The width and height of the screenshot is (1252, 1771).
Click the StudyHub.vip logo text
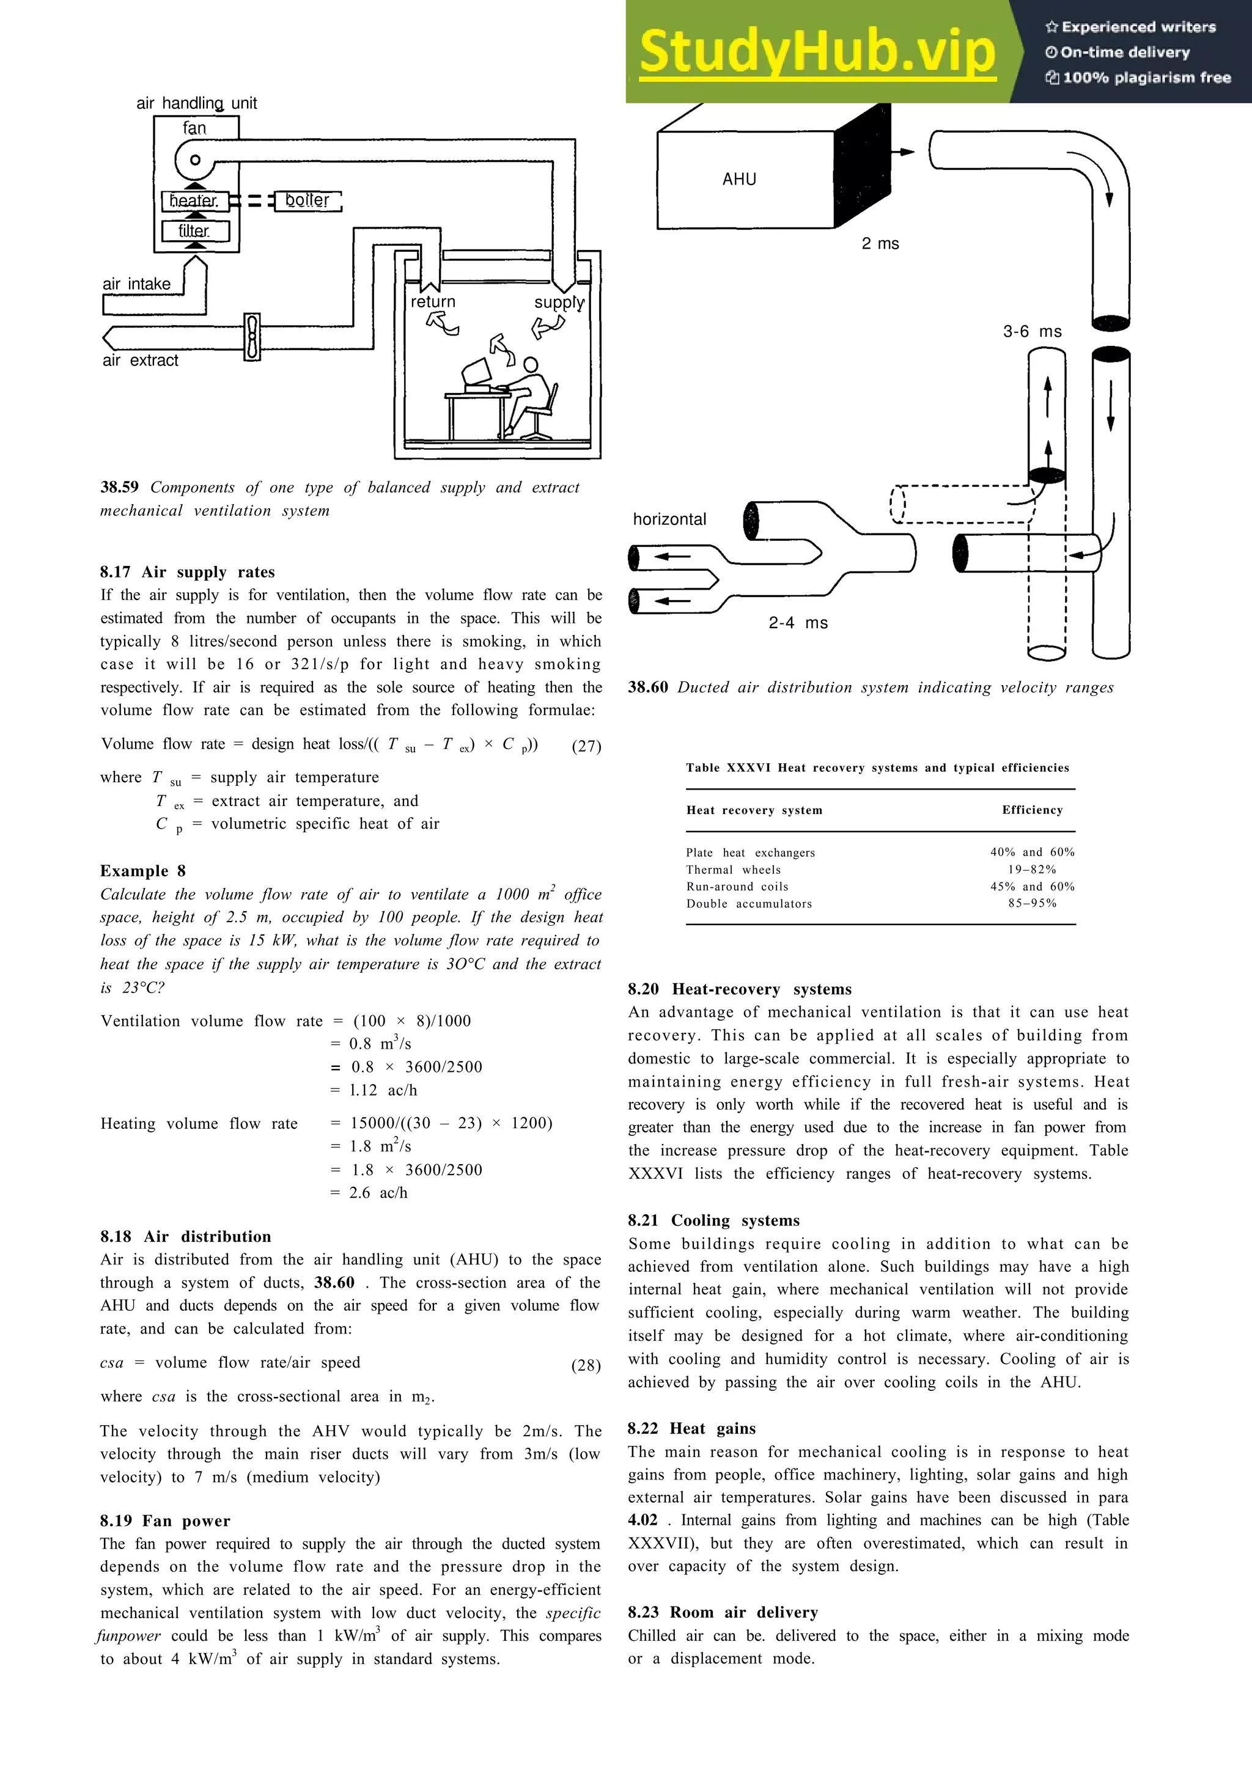816,53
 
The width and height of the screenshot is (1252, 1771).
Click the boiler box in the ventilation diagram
307,200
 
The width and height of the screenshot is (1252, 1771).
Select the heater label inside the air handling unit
194,200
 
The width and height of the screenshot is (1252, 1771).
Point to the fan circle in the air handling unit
195,161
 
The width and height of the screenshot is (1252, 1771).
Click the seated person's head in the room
530,365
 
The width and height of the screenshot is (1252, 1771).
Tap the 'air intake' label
136,284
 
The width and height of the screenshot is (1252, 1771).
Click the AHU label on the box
739,180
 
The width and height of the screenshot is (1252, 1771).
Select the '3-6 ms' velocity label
1032,332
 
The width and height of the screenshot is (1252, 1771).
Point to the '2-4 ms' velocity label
798,623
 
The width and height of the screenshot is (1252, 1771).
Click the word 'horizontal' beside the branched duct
669,519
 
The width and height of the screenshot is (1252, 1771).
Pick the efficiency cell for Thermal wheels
1031,869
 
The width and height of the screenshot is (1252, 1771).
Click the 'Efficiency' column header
1032,810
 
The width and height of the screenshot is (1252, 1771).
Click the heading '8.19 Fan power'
164,1520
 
